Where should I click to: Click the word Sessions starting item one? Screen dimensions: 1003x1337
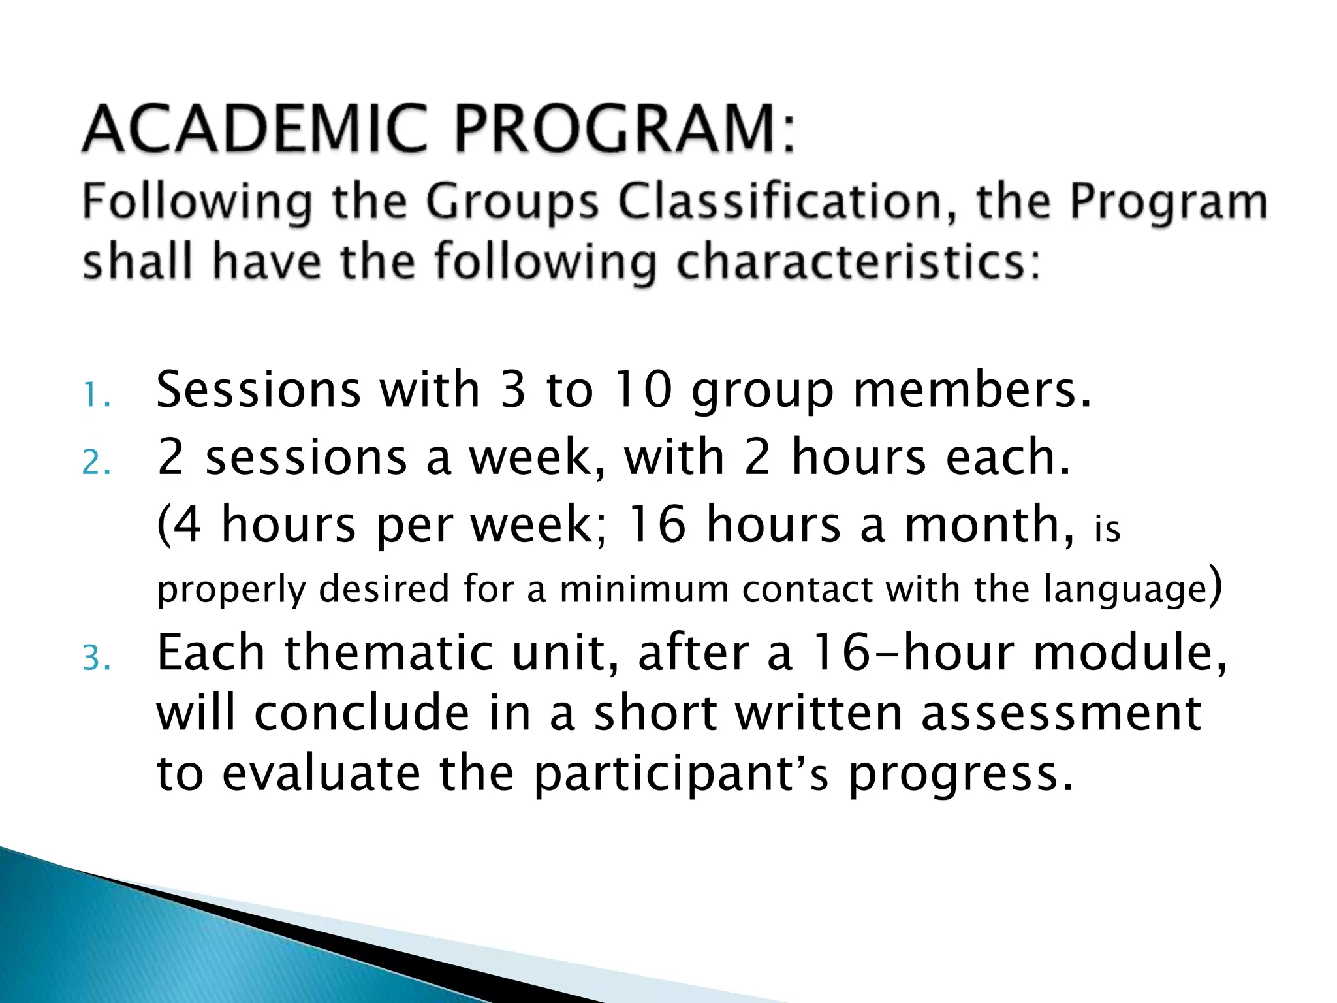pyautogui.click(x=259, y=390)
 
